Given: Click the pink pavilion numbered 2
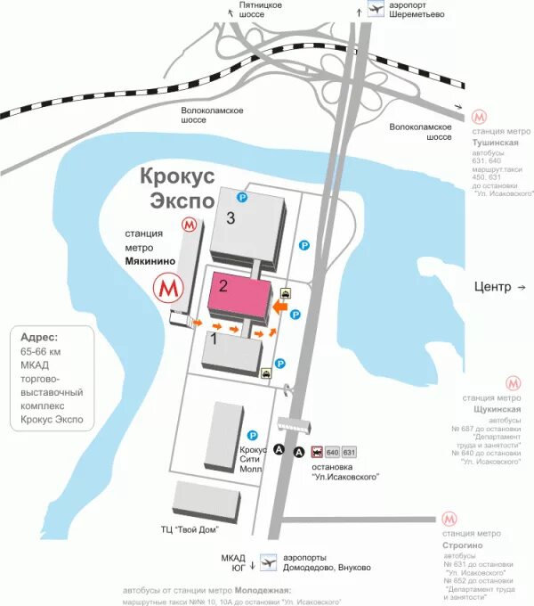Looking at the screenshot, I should pyautogui.click(x=239, y=298).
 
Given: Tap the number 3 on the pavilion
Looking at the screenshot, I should pyautogui.click(x=230, y=220).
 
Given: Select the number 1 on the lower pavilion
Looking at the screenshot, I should pyautogui.click(x=214, y=339).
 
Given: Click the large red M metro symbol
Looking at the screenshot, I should pyautogui.click(x=169, y=289).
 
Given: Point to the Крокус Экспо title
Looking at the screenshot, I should pyautogui.click(x=177, y=187).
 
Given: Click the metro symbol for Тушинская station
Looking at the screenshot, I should pyautogui.click(x=480, y=117).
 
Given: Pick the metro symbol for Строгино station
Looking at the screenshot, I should pyautogui.click(x=450, y=520).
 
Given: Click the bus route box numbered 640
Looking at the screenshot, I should pyautogui.click(x=332, y=451).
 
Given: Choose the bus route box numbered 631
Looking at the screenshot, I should pyautogui.click(x=348, y=451).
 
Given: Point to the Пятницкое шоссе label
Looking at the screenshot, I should pyautogui.click(x=261, y=10).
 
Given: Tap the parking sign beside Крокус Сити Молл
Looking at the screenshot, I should pyautogui.click(x=253, y=436).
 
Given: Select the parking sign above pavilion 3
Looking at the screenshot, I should pyautogui.click(x=240, y=197).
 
